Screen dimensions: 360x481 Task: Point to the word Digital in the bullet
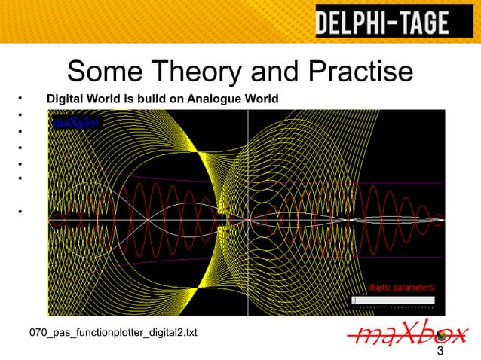64,99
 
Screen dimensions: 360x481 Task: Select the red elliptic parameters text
402,287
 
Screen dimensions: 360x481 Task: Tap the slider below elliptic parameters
394,300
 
